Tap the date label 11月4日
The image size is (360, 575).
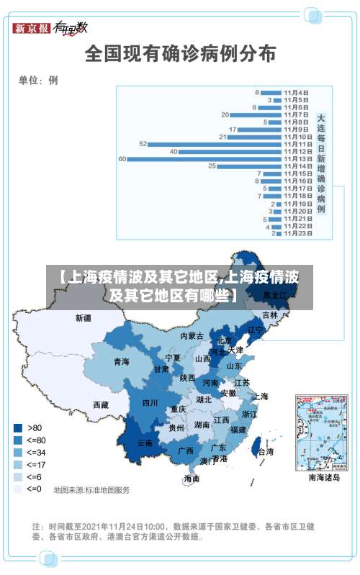(296, 92)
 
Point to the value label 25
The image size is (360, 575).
(212, 166)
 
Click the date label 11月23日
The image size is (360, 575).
(297, 233)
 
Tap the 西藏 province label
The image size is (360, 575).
(101, 405)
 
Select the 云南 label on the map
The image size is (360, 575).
(145, 443)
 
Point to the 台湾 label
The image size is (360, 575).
(266, 452)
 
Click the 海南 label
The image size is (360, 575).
(191, 479)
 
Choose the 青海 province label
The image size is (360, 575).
(121, 362)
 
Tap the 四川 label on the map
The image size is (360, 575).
(150, 403)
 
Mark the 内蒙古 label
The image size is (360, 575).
(192, 335)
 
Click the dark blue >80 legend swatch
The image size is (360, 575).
(17, 427)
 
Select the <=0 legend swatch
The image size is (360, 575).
(17, 489)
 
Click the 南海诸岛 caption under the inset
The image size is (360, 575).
(324, 477)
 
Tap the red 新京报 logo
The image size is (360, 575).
(32, 28)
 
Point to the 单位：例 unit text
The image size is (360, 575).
(38, 81)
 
